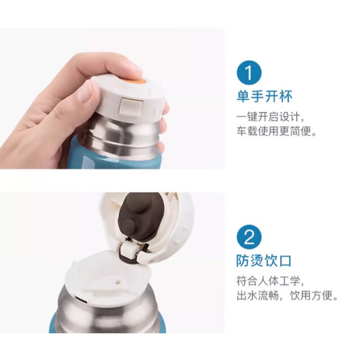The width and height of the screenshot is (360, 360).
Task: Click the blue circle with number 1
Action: click(x=249, y=73)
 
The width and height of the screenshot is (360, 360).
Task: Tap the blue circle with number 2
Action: click(x=249, y=237)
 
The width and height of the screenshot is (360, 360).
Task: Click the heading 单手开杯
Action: click(x=264, y=96)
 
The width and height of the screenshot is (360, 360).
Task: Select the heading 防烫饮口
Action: click(x=264, y=260)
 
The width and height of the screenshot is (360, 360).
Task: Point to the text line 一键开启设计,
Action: click(x=270, y=117)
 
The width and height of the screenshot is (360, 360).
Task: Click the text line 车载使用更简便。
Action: click(x=277, y=131)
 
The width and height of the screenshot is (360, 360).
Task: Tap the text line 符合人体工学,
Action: click(x=270, y=281)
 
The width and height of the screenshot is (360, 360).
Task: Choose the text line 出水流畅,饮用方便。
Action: click(x=287, y=295)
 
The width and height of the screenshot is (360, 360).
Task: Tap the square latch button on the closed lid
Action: click(x=130, y=106)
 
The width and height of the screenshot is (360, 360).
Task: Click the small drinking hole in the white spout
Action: click(x=118, y=281)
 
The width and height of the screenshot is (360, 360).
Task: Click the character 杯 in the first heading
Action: click(x=286, y=96)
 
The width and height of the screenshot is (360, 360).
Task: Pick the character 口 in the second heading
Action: click(x=285, y=260)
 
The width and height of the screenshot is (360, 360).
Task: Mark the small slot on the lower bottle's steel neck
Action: click(x=80, y=300)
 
